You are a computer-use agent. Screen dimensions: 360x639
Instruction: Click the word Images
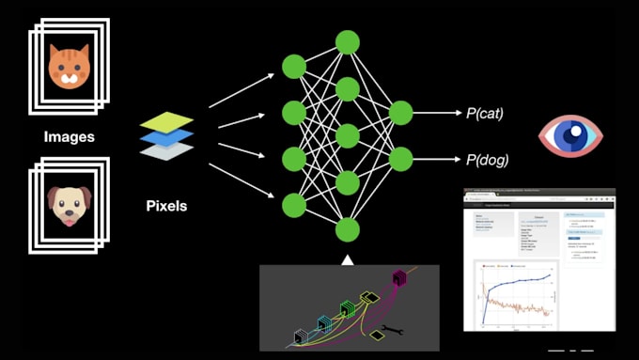pos(70,137)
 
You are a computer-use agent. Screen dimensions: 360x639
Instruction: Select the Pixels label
pos(166,205)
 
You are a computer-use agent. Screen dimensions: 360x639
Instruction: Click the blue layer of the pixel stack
pos(167,137)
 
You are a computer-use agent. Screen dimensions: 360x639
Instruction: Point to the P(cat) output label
pos(485,114)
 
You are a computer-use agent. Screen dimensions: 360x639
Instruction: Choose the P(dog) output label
pos(487,160)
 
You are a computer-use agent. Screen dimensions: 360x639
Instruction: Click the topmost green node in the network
pos(348,41)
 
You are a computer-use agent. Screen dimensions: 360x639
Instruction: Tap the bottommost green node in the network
pos(348,229)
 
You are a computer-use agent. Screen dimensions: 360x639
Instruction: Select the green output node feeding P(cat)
pos(401,114)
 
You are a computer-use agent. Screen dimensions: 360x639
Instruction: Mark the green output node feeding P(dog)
pos(401,159)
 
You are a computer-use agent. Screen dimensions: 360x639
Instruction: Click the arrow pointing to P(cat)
pos(436,114)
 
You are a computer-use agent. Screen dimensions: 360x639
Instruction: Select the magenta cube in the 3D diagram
pos(398,278)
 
